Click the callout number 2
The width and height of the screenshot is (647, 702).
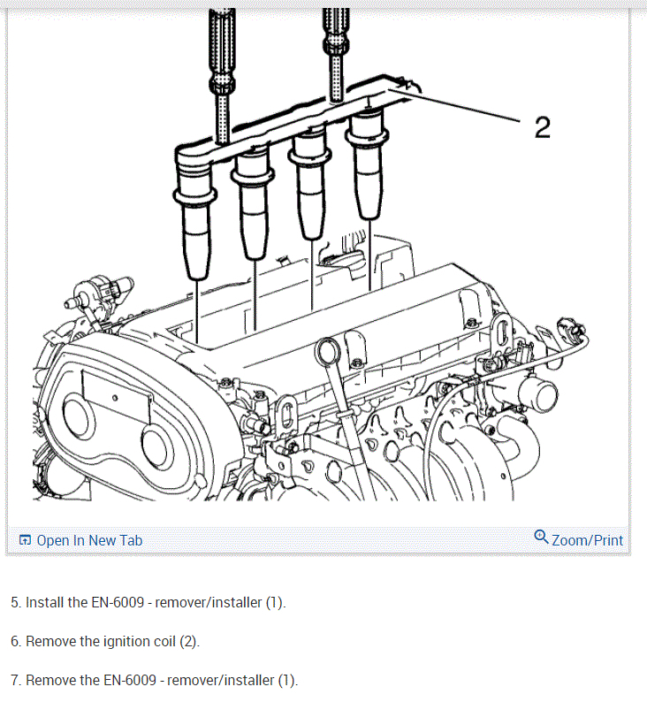tap(543, 127)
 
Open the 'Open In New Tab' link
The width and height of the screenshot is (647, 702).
tap(89, 540)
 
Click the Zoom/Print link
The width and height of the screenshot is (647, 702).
tap(587, 540)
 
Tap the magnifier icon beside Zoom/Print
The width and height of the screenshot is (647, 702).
tap(541, 537)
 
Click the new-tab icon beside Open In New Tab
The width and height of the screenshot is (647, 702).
tap(25, 540)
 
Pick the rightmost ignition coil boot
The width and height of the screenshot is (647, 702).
tap(368, 165)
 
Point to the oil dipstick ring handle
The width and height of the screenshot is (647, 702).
tap(328, 352)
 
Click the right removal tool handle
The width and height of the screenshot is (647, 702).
tap(336, 54)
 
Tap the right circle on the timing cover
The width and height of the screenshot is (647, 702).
tap(156, 446)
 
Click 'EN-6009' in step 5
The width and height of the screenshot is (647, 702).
tap(118, 602)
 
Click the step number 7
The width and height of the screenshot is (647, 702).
tap(16, 680)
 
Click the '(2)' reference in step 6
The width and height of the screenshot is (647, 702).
tap(189, 642)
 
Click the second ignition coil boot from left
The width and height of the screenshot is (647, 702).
tap(253, 206)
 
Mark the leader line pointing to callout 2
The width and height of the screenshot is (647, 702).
tap(453, 106)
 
